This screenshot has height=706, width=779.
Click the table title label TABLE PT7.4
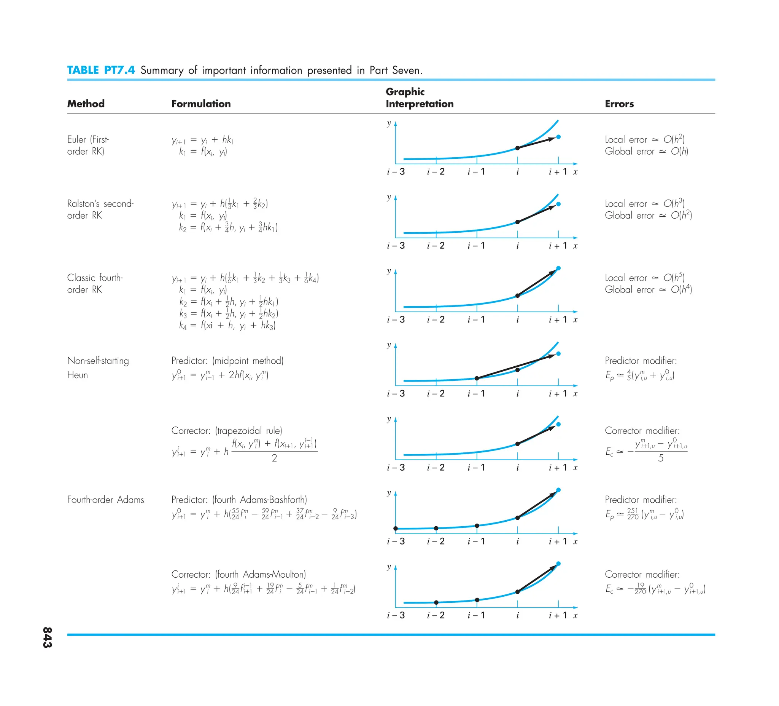[101, 70]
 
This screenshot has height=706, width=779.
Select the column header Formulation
[201, 104]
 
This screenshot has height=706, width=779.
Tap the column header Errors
[619, 104]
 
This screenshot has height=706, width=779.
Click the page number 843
[47, 637]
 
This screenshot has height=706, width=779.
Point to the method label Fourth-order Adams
[105, 500]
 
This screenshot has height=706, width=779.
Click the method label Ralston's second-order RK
[100, 209]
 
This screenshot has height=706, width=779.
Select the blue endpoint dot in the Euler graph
[558, 137]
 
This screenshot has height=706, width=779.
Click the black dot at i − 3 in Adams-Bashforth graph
[396, 529]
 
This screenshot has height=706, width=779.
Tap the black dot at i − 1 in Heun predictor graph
[477, 379]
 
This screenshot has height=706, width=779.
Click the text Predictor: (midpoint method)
[227, 361]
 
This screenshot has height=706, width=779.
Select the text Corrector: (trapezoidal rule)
[226, 431]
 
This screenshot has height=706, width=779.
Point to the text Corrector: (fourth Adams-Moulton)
[238, 574]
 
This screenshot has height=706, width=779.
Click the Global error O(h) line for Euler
[647, 151]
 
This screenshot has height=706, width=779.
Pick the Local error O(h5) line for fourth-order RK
[644, 278]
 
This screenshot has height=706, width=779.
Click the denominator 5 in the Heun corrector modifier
[661, 458]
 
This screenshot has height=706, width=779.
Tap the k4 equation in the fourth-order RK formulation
[227, 325]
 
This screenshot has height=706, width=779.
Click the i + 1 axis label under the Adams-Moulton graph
[558, 615]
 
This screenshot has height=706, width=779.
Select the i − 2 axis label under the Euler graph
[436, 172]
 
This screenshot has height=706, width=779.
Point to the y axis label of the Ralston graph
[389, 197]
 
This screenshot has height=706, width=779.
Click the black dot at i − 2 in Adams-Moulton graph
[436, 602]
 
